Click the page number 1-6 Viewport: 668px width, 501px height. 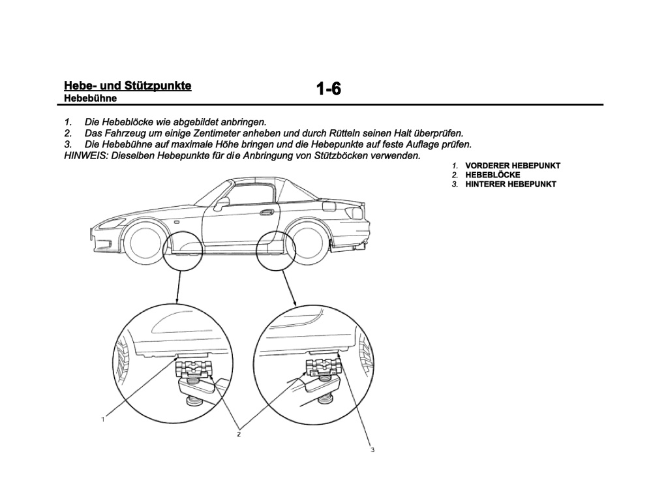[329, 89]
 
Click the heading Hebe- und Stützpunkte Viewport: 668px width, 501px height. [127, 85]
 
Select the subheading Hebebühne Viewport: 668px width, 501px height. [90, 99]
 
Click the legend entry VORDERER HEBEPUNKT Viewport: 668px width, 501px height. [513, 166]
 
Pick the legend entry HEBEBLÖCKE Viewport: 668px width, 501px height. [493, 175]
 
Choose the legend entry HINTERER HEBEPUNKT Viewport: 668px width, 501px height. [511, 185]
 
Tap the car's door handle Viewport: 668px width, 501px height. [266, 212]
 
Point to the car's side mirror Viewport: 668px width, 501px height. [221, 204]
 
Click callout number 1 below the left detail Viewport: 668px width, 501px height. [102, 419]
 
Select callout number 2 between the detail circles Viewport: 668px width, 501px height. [239, 434]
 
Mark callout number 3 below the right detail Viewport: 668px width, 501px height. [372, 449]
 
